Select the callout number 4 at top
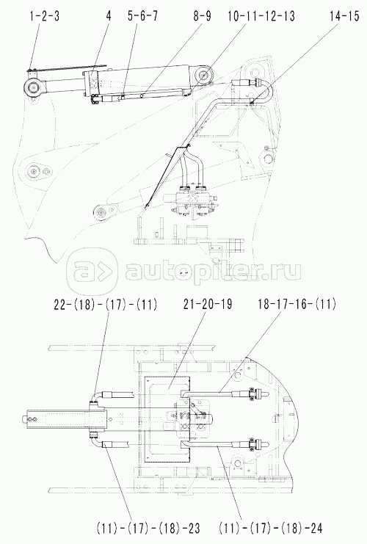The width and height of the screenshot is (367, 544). point(109,16)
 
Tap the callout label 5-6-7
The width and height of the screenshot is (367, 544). point(142,16)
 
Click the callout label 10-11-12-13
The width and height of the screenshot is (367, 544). point(261,16)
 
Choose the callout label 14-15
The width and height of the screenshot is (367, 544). point(344,16)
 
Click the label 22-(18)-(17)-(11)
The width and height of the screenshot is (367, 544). point(106,305)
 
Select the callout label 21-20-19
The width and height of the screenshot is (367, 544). point(208,304)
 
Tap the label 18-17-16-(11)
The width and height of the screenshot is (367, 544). point(297,304)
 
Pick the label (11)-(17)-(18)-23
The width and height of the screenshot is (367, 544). point(148,529)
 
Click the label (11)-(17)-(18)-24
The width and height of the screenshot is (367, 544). point(271,529)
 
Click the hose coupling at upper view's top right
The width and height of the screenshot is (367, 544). point(247,83)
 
